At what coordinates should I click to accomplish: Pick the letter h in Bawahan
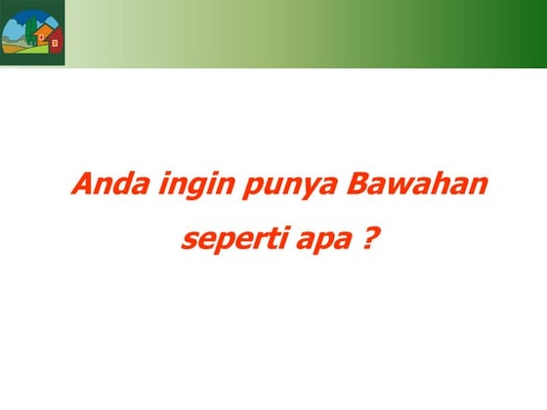[437, 184]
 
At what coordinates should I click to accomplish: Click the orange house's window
[40, 38]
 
